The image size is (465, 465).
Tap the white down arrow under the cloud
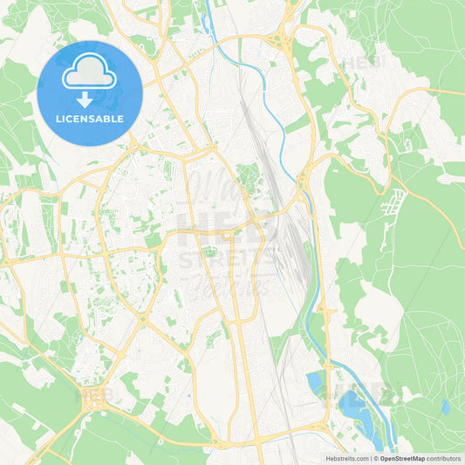tap(85, 99)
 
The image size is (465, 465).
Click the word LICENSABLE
tap(89, 119)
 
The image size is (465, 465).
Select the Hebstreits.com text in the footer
tap(345, 458)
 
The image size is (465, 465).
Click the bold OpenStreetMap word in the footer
tap(402, 458)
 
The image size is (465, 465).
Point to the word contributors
tap(444, 458)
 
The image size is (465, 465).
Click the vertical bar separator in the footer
tap(369, 458)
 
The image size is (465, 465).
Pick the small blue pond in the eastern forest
tap(445, 407)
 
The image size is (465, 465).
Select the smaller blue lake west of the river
tap(314, 382)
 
